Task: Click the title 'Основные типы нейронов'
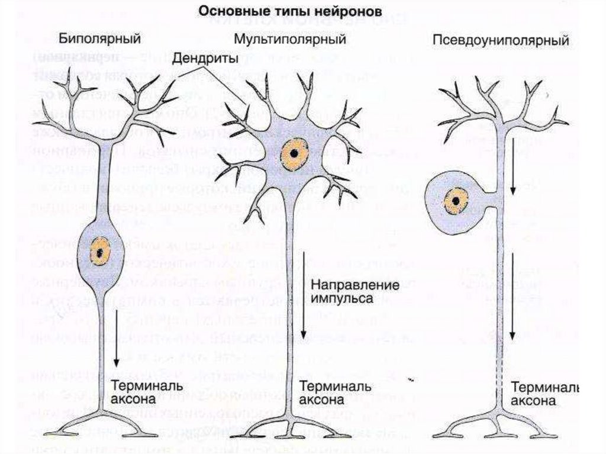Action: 289,11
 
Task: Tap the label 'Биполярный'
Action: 99,40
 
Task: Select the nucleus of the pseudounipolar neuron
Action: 456,201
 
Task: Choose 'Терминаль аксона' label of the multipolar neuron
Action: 335,393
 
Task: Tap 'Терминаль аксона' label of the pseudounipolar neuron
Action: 544,394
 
